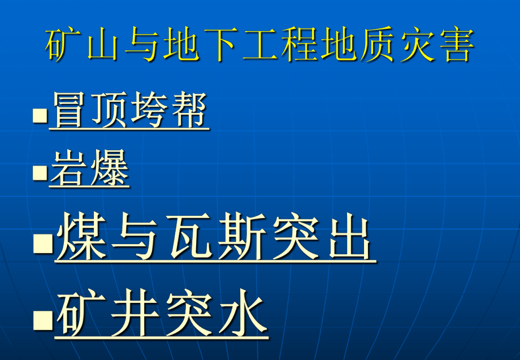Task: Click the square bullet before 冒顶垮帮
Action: pyautogui.click(x=40, y=116)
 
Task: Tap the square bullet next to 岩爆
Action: pyautogui.click(x=40, y=172)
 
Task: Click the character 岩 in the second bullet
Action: pyautogui.click(x=70, y=168)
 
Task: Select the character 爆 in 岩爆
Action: pyautogui.click(x=110, y=168)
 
